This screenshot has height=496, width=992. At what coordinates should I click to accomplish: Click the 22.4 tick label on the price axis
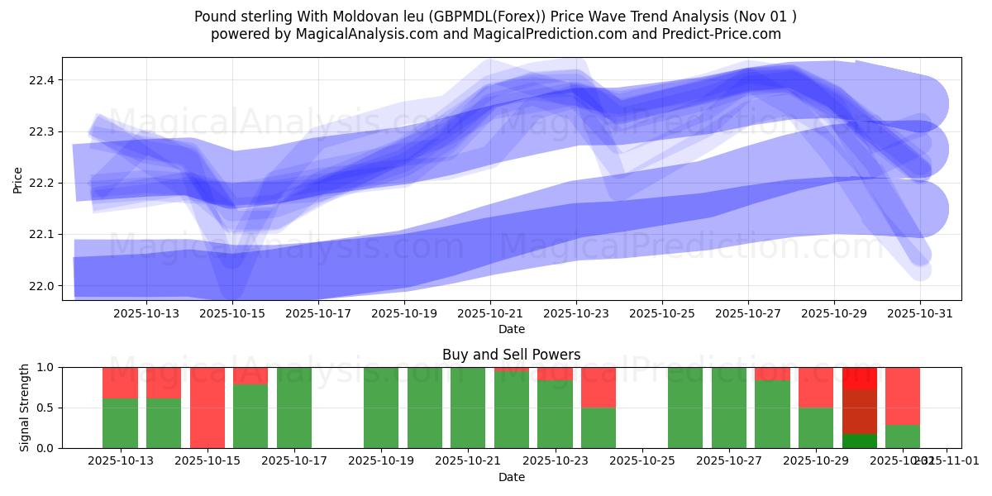point(42,80)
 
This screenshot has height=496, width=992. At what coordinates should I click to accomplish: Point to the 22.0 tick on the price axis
point(42,286)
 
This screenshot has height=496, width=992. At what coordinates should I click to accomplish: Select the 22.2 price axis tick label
point(42,183)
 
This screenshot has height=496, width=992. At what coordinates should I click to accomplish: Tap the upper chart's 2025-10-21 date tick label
point(490,313)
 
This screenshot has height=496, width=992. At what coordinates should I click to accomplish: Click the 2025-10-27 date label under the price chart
point(748,313)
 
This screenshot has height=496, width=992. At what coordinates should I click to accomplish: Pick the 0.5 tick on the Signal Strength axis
point(45,408)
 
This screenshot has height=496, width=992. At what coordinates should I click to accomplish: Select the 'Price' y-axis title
point(18,179)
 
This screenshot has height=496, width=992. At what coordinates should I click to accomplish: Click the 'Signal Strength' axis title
point(25,407)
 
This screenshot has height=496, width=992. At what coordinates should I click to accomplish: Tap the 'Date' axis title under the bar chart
point(511,477)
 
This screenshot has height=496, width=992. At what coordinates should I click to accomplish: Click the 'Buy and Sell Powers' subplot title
point(511,355)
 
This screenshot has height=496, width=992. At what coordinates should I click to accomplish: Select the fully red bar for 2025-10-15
point(207,408)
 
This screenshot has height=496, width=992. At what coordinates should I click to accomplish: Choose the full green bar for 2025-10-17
point(294,408)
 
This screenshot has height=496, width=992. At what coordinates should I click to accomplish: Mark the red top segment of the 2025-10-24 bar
point(599,387)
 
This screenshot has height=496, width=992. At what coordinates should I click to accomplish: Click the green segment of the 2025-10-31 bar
point(903,436)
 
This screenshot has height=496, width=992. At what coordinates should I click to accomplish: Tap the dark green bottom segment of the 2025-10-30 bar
point(860,441)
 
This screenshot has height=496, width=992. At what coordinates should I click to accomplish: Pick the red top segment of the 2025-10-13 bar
point(121,383)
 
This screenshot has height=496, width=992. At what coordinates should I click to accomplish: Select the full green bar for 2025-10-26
point(685,408)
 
